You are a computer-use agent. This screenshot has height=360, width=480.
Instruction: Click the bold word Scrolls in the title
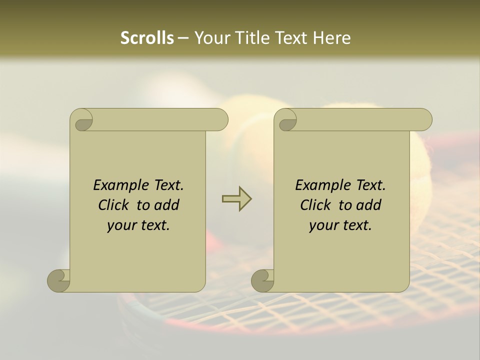(147, 38)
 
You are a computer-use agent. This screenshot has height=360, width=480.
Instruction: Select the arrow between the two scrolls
(236, 199)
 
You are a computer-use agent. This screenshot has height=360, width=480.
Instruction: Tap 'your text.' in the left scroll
(138, 225)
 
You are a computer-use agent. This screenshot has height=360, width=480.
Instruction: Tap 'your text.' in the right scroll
(340, 225)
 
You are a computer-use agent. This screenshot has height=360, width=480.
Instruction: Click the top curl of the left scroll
(82, 120)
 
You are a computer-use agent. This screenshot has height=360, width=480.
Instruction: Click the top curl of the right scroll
(287, 120)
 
